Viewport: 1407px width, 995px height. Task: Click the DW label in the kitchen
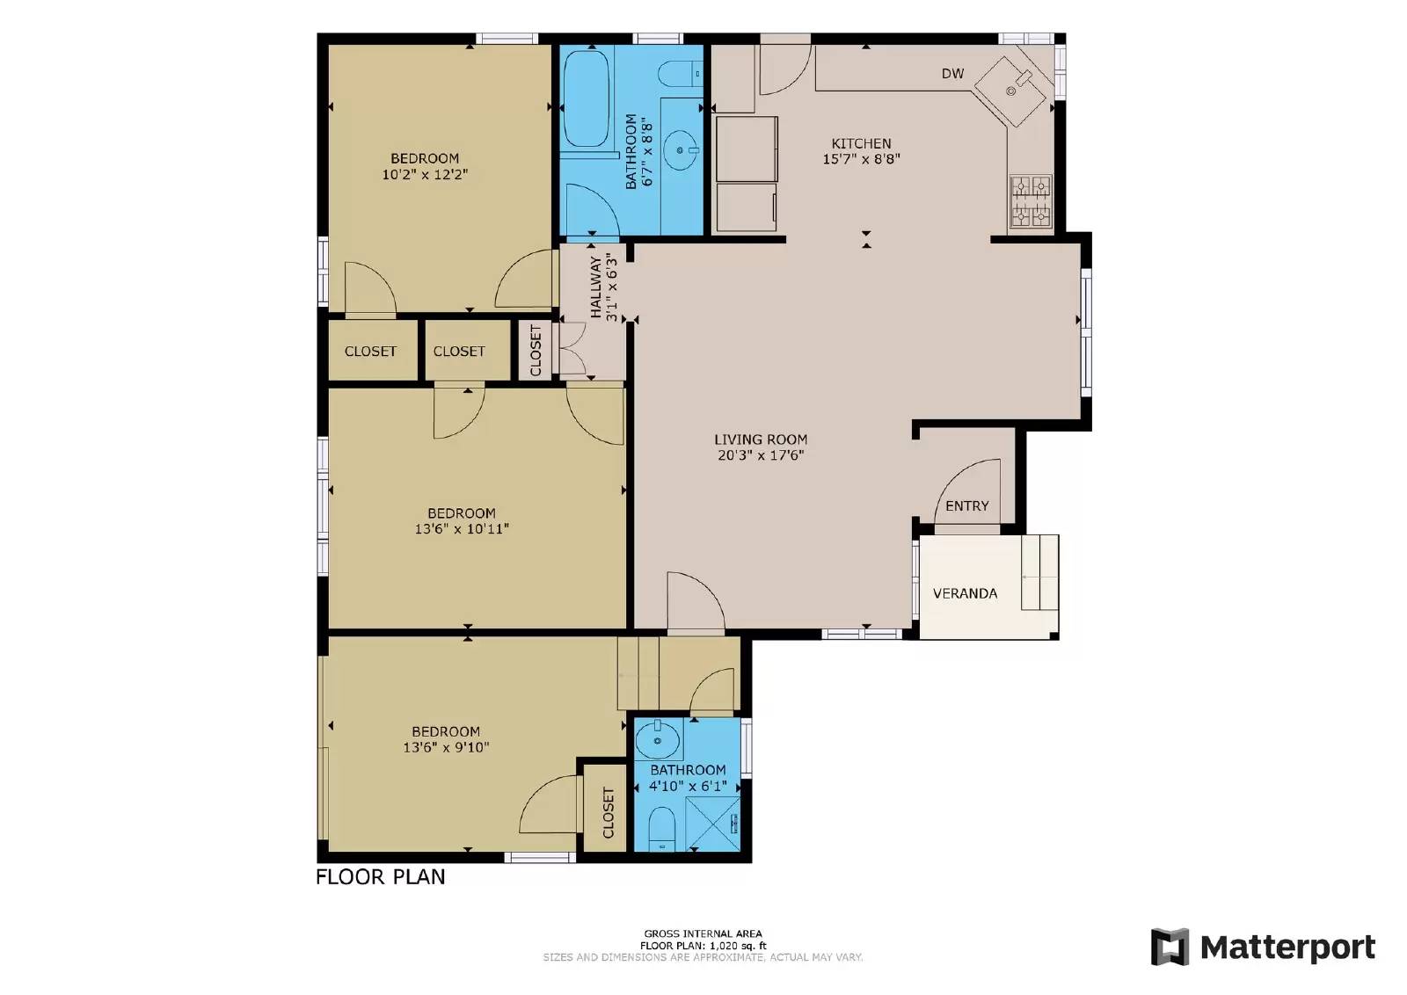952,74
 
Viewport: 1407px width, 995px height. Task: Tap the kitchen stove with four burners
1030,201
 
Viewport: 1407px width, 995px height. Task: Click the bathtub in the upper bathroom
585,98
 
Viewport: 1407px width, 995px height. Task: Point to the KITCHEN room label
861,143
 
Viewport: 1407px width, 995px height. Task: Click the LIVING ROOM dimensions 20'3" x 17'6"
761,455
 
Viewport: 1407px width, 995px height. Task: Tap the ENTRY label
966,506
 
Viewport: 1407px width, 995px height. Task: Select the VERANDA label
965,593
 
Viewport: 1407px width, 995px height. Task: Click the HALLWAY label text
596,287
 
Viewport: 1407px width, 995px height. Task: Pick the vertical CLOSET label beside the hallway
536,351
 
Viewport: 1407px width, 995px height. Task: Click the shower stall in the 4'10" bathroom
713,824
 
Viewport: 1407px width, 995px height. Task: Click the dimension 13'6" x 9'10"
446,748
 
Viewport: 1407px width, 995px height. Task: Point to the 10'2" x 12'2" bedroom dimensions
425,175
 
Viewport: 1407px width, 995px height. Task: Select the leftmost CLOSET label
370,351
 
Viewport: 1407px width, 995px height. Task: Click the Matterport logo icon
1170,947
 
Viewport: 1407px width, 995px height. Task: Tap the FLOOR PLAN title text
380,876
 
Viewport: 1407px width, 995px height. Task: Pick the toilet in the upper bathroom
680,74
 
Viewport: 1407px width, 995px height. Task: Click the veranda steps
1039,572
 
